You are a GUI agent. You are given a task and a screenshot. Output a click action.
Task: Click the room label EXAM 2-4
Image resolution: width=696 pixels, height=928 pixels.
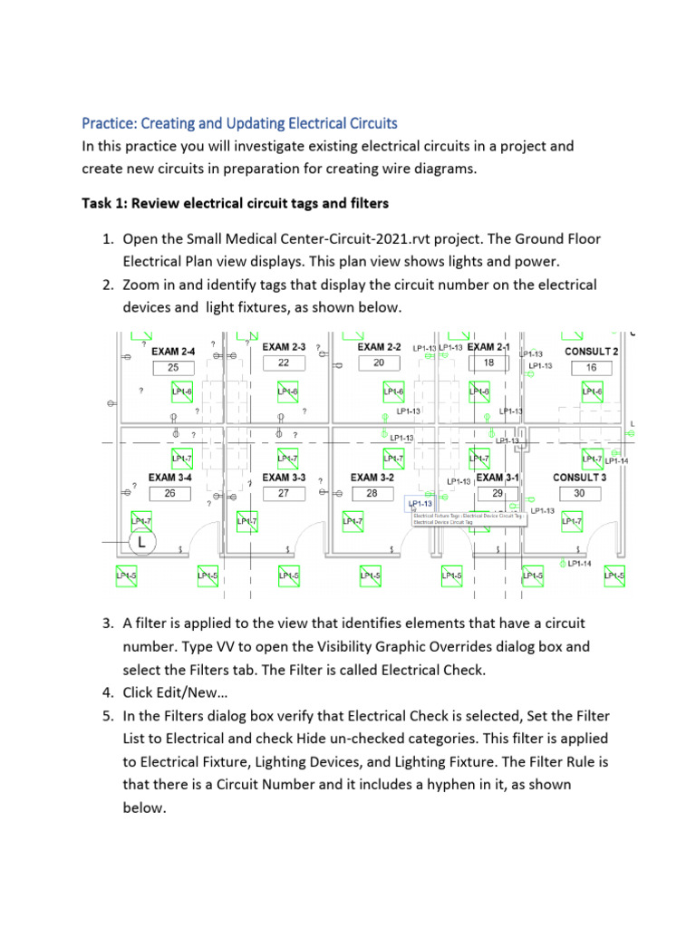172,350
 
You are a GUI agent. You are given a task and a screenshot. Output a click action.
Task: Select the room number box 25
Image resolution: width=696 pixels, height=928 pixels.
172,367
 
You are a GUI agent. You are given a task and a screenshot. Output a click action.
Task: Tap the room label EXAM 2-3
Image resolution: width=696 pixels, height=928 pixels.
284,346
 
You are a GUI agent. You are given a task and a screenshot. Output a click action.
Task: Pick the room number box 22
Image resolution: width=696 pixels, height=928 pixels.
284,362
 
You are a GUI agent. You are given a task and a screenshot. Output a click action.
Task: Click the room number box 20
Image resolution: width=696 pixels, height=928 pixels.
379,362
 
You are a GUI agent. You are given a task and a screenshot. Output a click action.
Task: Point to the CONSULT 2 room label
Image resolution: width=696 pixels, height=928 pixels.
592,351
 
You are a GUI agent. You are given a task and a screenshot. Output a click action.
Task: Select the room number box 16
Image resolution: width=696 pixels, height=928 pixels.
592,367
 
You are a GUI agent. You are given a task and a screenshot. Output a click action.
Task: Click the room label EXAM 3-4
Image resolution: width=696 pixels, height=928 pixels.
170,477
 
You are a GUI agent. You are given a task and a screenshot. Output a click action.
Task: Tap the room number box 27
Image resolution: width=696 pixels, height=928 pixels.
284,494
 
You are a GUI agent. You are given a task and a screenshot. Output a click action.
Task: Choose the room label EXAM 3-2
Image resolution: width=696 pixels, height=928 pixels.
372,477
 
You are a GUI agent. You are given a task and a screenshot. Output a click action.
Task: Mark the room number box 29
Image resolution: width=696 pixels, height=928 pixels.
498,494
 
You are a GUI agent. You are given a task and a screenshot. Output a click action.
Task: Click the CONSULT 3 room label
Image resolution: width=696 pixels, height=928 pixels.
579,477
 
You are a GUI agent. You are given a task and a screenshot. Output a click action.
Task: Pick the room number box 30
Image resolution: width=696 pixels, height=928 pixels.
579,494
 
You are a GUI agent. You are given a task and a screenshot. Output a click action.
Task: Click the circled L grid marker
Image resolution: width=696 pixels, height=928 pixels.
142,543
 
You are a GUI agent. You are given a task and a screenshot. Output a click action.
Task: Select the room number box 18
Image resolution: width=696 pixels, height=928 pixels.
488,362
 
